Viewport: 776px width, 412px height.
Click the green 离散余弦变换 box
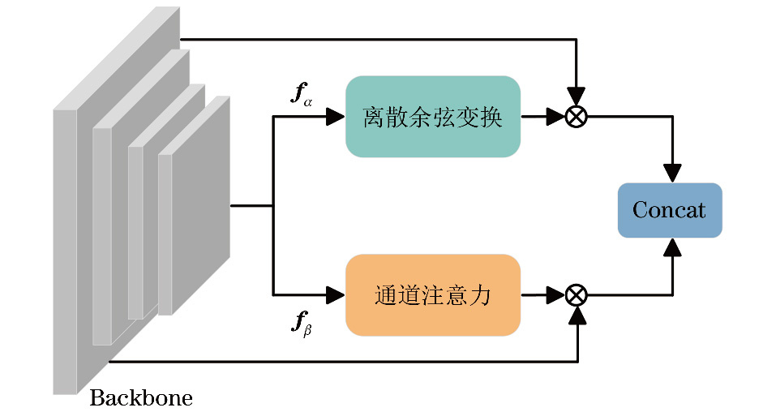coord(432,117)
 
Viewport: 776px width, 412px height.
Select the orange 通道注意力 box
coord(432,294)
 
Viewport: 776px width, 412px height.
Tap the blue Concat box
coord(669,211)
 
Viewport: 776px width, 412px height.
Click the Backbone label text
coord(141,398)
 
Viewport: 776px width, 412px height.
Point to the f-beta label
coord(302,324)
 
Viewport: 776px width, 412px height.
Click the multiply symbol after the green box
coord(576,117)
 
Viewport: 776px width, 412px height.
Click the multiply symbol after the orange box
coord(576,294)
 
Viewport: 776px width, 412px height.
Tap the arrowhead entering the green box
coord(336,117)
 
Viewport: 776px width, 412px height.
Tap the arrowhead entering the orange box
coord(336,294)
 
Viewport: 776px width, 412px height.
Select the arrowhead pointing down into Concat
coord(672,174)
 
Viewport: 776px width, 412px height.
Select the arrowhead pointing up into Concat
coord(672,247)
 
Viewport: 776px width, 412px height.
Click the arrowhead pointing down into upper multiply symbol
coord(576,97)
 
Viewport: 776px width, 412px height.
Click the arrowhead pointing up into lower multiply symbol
coord(576,315)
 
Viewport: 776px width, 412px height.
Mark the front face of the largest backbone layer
coord(65,251)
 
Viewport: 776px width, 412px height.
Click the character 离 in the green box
coord(374,118)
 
